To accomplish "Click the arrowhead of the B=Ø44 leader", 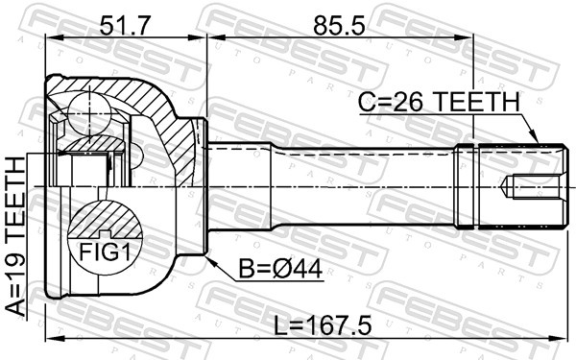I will [208, 257].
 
